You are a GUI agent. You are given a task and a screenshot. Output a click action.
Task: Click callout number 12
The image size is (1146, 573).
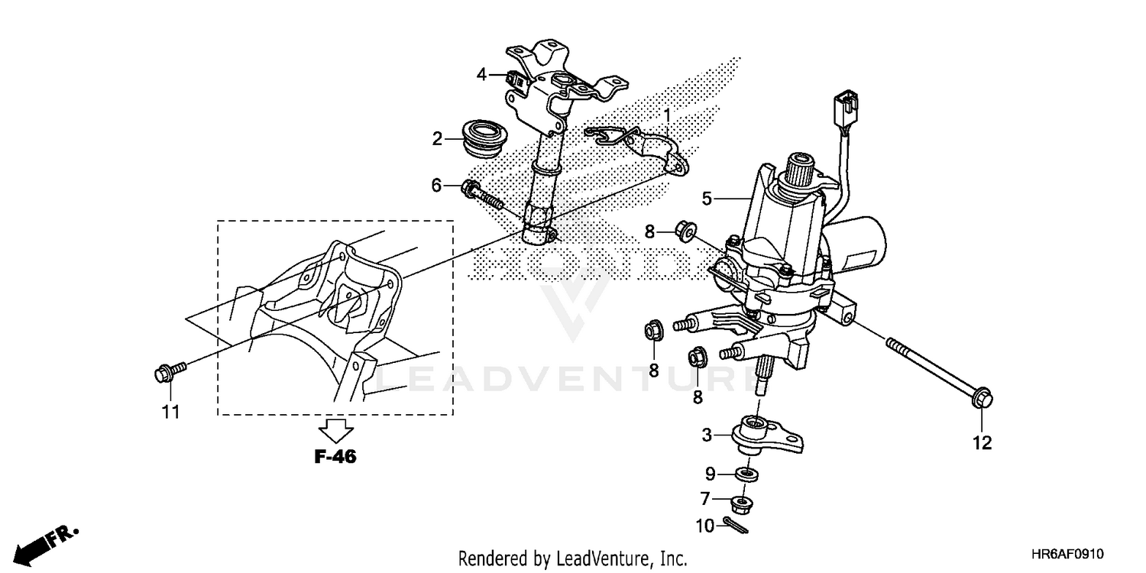tap(982, 442)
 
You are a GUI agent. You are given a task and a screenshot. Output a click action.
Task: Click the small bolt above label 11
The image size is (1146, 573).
tap(167, 373)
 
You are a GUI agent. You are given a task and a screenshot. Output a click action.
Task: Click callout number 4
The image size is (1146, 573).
tap(481, 74)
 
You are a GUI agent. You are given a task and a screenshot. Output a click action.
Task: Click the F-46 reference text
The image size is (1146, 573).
tap(335, 457)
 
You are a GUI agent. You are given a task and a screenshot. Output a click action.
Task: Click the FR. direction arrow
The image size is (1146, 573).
tap(46, 543)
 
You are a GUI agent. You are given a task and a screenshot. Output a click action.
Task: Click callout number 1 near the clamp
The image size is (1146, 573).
tap(666, 115)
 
